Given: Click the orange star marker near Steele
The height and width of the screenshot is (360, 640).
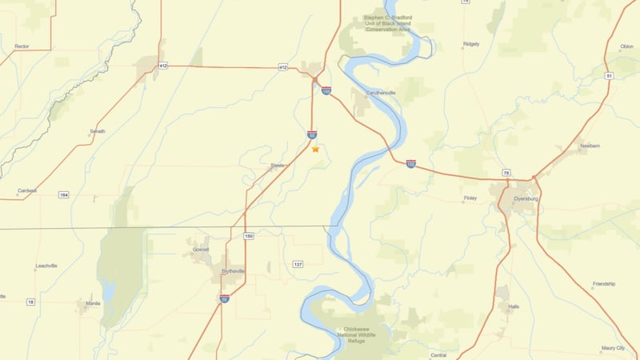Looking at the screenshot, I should [315, 149].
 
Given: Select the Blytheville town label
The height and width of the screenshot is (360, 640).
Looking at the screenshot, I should [234, 270].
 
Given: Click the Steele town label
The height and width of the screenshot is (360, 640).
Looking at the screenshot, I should [277, 166].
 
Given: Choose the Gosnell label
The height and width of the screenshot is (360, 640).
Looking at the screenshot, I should [199, 250].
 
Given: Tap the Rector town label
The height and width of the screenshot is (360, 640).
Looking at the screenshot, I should [22, 46].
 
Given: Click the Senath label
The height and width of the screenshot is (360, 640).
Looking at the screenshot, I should [97, 130].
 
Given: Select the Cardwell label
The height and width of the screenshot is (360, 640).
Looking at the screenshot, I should [26, 190].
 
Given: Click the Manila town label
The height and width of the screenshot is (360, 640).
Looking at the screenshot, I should [93, 303].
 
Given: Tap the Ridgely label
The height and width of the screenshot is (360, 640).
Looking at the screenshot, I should [471, 44].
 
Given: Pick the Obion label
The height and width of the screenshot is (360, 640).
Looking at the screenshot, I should [626, 46].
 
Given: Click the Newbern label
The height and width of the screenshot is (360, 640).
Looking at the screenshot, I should [590, 146].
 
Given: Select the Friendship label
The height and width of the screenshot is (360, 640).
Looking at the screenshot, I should [603, 284].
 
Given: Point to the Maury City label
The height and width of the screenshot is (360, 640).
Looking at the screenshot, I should [613, 349].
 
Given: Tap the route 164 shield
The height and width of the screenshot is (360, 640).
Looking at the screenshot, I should [63, 194].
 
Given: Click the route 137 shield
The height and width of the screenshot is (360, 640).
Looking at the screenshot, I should [298, 264].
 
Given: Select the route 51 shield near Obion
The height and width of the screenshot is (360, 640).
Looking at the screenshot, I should [609, 75].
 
